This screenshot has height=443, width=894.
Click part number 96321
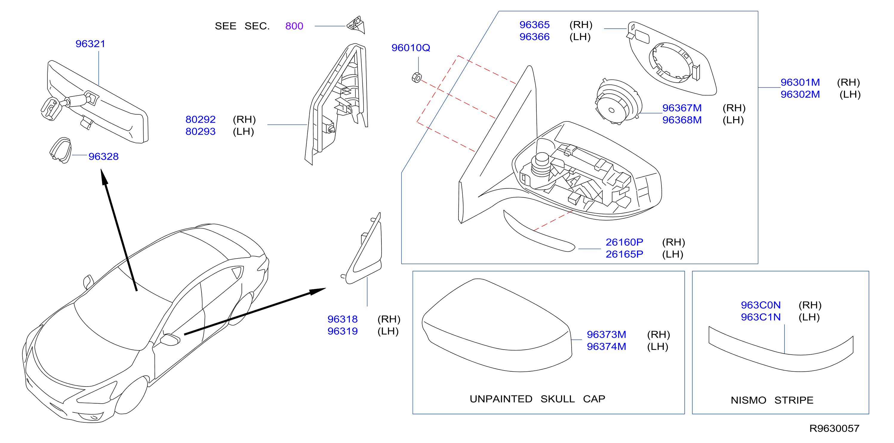[x=90, y=44]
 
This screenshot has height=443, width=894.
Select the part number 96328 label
[x=103, y=157]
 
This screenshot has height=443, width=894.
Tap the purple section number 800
[x=294, y=26]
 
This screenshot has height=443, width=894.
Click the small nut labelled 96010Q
[x=416, y=78]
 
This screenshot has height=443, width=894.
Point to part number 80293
[x=201, y=132]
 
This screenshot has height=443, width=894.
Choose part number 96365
[x=534, y=25]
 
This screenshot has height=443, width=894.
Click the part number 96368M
[x=682, y=120]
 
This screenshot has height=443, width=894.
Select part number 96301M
[x=800, y=82]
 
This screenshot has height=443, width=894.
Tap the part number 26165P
[x=624, y=254]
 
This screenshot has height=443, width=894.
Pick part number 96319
[x=343, y=331]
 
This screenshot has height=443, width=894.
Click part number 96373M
[x=607, y=335]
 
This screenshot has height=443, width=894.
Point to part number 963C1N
[x=761, y=317]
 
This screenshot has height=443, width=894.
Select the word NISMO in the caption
[x=749, y=400]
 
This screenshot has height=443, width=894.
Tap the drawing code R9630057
[x=834, y=428]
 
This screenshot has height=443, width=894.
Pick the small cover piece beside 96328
[x=61, y=150]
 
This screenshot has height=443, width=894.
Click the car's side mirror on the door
[x=170, y=339]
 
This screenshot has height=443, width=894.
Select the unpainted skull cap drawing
[x=497, y=325]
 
